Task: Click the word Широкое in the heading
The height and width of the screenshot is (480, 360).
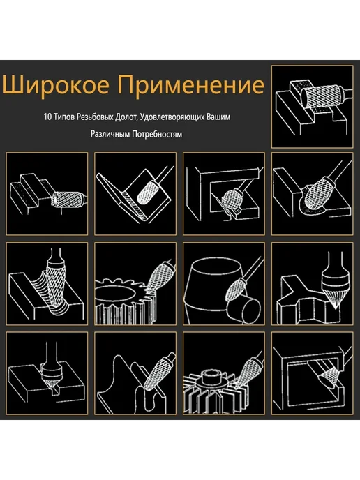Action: point(56,85)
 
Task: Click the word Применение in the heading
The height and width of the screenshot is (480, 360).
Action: point(190,85)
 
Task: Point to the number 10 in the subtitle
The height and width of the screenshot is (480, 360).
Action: point(47,117)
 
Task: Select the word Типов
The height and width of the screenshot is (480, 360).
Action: point(64,117)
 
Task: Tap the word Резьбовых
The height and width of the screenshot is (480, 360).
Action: point(95,117)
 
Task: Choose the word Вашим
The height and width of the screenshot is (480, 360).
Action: point(218,117)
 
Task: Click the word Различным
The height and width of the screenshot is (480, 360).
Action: point(110,134)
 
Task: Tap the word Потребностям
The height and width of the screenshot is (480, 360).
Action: point(158,134)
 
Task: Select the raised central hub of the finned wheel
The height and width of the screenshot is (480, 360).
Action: point(211,377)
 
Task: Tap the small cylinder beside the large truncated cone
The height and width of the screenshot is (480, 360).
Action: point(243,309)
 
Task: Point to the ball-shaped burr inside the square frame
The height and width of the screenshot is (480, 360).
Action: point(232,198)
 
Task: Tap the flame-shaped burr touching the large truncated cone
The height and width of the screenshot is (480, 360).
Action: point(235,288)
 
